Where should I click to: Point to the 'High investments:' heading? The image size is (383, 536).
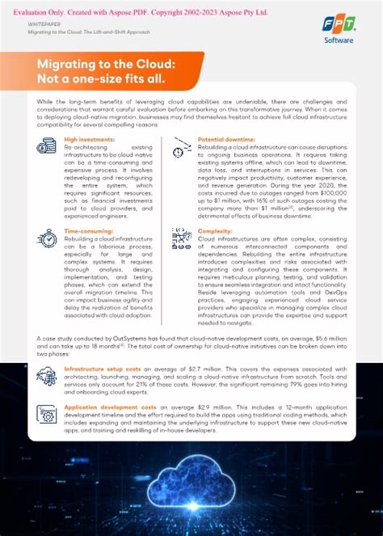tap(89, 140)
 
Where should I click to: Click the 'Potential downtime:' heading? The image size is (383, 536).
tap(226, 140)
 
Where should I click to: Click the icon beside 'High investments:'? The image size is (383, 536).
tap(47, 146)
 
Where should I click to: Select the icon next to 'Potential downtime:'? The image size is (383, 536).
tap(181, 148)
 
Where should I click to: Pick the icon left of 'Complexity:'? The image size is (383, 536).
tap(181, 238)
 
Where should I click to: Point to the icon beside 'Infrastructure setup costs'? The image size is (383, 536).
tap(46, 374)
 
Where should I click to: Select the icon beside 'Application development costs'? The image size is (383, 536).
tap(46, 413)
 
